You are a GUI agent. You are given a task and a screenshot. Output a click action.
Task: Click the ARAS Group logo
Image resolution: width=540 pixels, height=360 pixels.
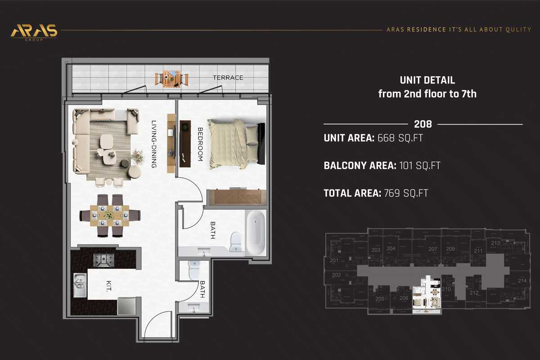pos(34,31)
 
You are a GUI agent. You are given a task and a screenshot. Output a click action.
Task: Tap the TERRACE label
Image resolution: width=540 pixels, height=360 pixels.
pos(228,78)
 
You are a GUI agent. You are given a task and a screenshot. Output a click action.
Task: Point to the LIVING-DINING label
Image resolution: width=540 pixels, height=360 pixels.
pos(154,144)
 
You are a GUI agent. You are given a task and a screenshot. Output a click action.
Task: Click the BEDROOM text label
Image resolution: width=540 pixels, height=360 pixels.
pos(200,144)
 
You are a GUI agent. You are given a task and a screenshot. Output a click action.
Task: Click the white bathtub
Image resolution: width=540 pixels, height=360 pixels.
pos(256,233)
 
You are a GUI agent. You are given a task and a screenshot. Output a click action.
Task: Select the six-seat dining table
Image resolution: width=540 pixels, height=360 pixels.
pos(109,215)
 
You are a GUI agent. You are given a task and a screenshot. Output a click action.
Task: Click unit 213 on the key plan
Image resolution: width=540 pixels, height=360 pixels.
pos(495,243)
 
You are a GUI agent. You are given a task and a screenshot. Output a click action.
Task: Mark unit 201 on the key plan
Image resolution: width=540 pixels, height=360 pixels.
pos(334,261)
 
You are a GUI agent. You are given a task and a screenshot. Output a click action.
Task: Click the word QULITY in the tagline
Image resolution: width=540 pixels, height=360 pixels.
pos(518,30)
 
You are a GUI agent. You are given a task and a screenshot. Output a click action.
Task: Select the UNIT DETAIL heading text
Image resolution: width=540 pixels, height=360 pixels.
pos(427,81)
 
